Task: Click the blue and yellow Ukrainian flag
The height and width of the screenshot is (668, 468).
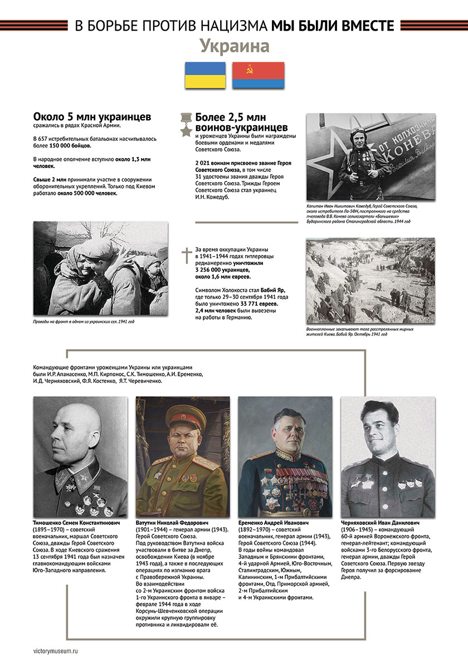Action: (x=205, y=75)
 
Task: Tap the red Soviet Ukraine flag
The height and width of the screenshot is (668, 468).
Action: (x=258, y=75)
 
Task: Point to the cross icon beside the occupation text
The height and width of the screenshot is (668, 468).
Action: (x=186, y=256)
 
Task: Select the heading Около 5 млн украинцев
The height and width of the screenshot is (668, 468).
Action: (x=92, y=117)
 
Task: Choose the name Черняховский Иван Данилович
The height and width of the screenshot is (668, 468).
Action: (x=381, y=523)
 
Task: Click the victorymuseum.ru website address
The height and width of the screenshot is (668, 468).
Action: (x=56, y=650)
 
